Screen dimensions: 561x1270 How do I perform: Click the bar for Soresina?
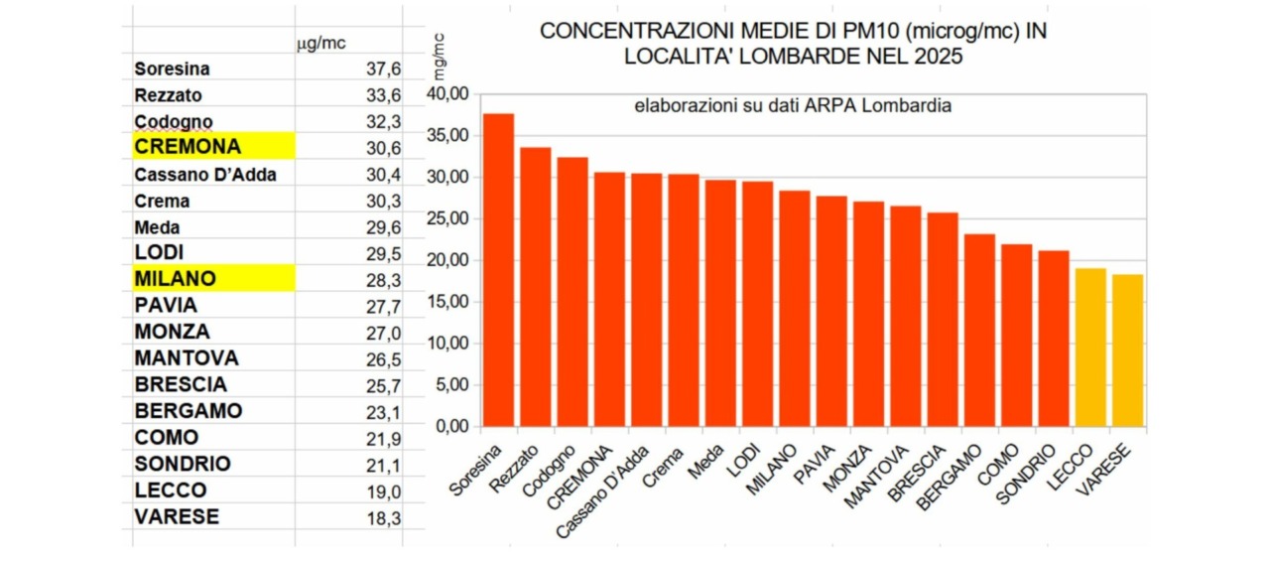(498, 270)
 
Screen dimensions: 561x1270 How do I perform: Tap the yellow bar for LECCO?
(1090, 348)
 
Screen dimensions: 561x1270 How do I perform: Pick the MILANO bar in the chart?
(794, 308)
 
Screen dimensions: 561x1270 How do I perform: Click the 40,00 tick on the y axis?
(446, 93)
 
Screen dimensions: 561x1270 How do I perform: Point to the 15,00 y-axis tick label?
(446, 302)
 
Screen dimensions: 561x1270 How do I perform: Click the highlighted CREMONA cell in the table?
(213, 146)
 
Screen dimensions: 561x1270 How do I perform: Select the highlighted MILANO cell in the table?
(213, 279)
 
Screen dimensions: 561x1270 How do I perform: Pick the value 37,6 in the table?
(383, 69)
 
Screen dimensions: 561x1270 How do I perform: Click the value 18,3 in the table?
(383, 517)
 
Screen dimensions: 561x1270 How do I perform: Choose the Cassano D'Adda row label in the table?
(205, 175)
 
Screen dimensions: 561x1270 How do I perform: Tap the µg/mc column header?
(321, 43)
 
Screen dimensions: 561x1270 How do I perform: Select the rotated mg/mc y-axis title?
(440, 57)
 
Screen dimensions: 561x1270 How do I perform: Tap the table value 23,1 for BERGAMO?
(383, 411)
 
